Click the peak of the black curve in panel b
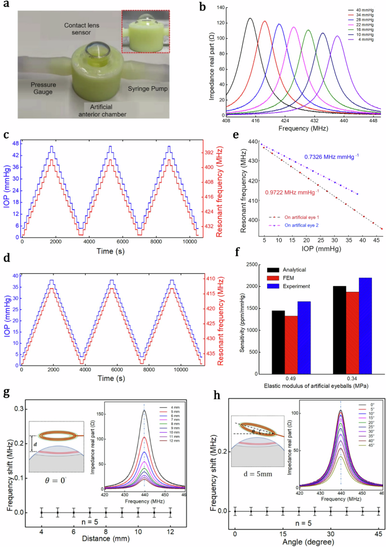click(x=250, y=19)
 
